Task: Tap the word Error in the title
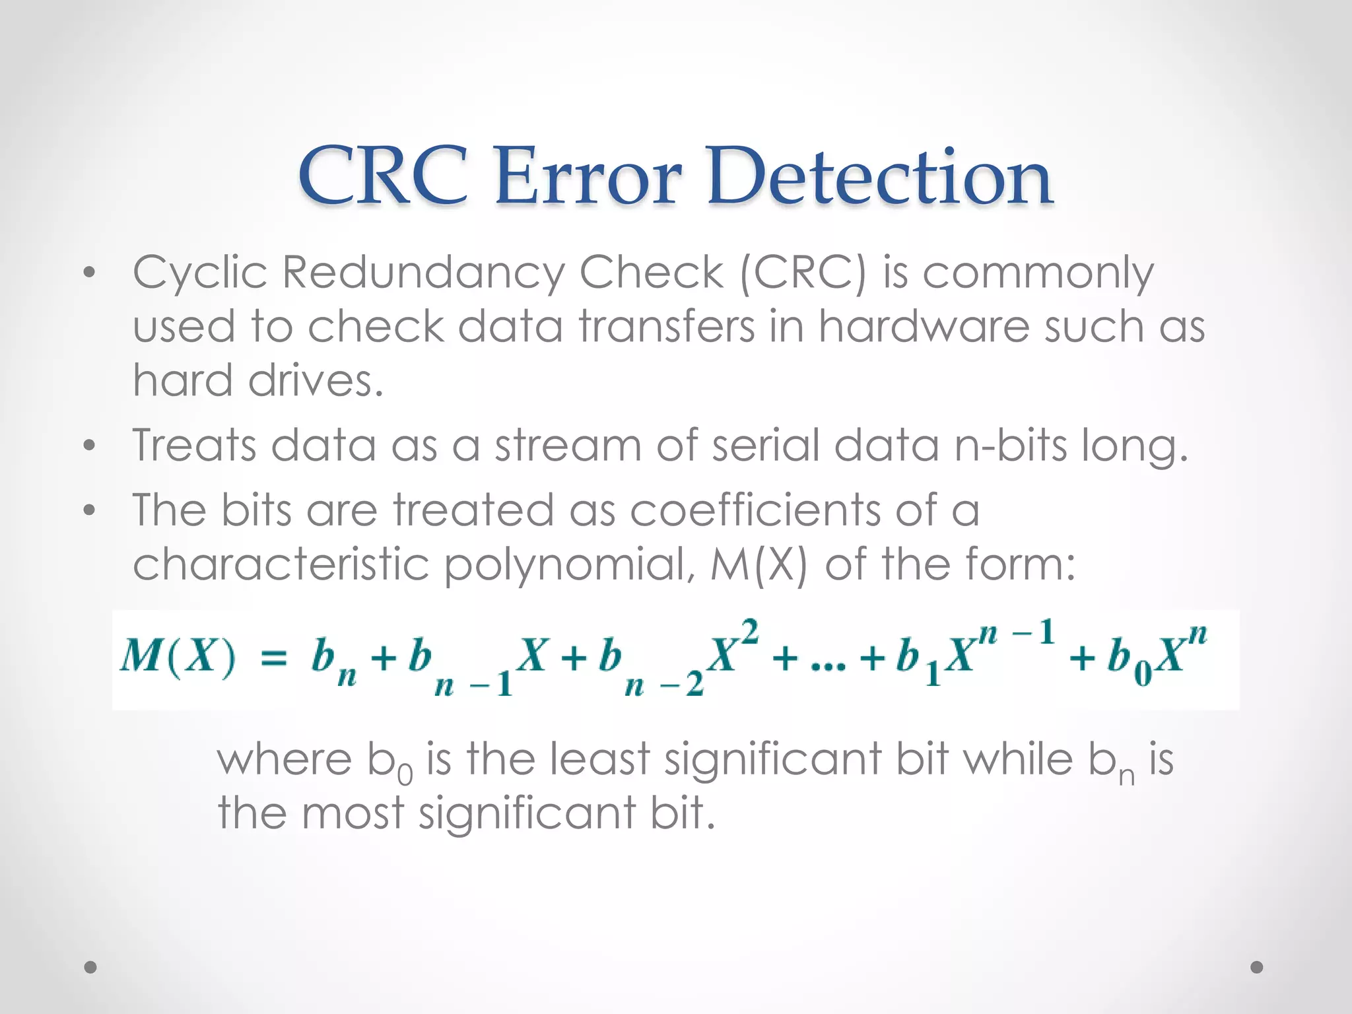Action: pos(588,176)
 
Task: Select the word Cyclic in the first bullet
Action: pos(200,273)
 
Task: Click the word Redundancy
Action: pos(422,273)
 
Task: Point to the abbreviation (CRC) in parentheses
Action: pos(802,273)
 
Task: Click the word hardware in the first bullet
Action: pos(924,327)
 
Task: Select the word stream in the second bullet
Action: pos(568,445)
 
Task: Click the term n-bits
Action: pos(1011,445)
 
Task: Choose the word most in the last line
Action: pos(353,813)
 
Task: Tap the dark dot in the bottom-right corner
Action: pos(1257,967)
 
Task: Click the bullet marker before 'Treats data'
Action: pos(90,446)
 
